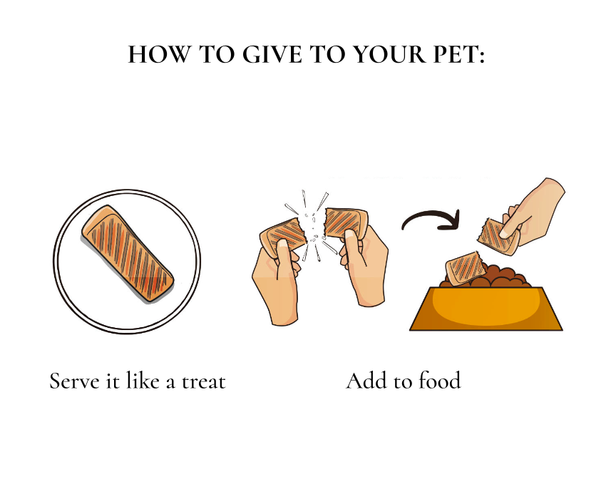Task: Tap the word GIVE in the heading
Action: (x=272, y=54)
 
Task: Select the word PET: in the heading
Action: (x=459, y=54)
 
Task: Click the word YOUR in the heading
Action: (x=390, y=54)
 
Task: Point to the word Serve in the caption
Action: (x=74, y=381)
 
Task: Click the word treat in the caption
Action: (x=203, y=381)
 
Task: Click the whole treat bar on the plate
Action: (x=128, y=254)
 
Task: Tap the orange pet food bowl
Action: (x=486, y=309)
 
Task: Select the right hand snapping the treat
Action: (x=364, y=265)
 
